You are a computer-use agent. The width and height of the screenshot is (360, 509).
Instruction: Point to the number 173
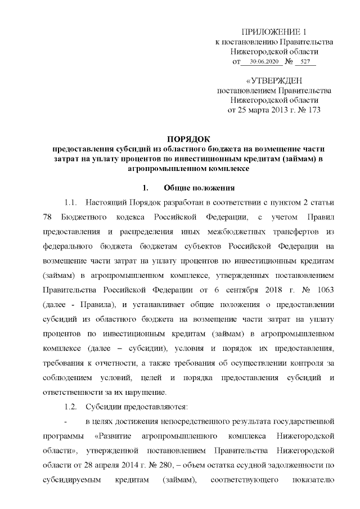tap(311, 110)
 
